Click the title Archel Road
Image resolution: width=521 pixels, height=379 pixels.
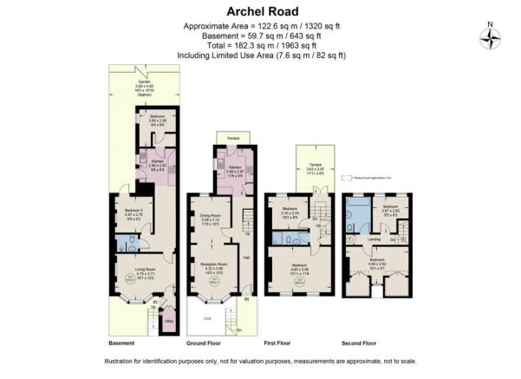pos(260,10)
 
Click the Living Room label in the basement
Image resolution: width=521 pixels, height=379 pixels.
pos(132,273)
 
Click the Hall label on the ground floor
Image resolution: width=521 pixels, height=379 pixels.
pos(246,257)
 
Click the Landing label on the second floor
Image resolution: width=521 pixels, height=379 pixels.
pos(374,240)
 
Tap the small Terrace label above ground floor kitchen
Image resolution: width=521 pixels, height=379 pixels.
pos(233,138)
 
